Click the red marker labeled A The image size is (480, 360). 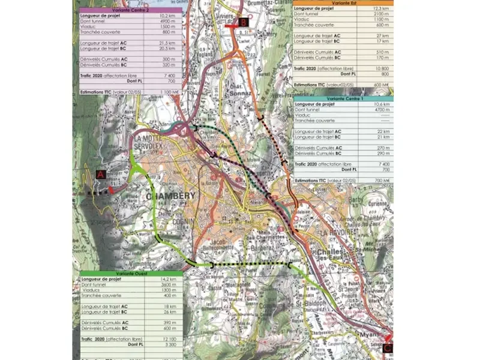100,175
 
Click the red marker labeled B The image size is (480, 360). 242,22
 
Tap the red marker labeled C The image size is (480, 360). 388,346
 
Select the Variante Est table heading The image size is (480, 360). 343,3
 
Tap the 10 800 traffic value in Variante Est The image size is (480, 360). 381,68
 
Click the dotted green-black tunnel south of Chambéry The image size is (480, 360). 250,265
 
